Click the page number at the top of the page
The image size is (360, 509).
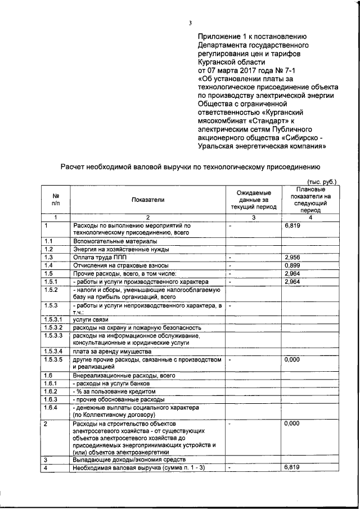coord(190,22)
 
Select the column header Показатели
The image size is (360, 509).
coord(148,199)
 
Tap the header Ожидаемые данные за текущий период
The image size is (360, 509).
coord(254,199)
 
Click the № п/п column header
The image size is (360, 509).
coord(56,200)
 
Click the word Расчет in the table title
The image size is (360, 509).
coord(75,166)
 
